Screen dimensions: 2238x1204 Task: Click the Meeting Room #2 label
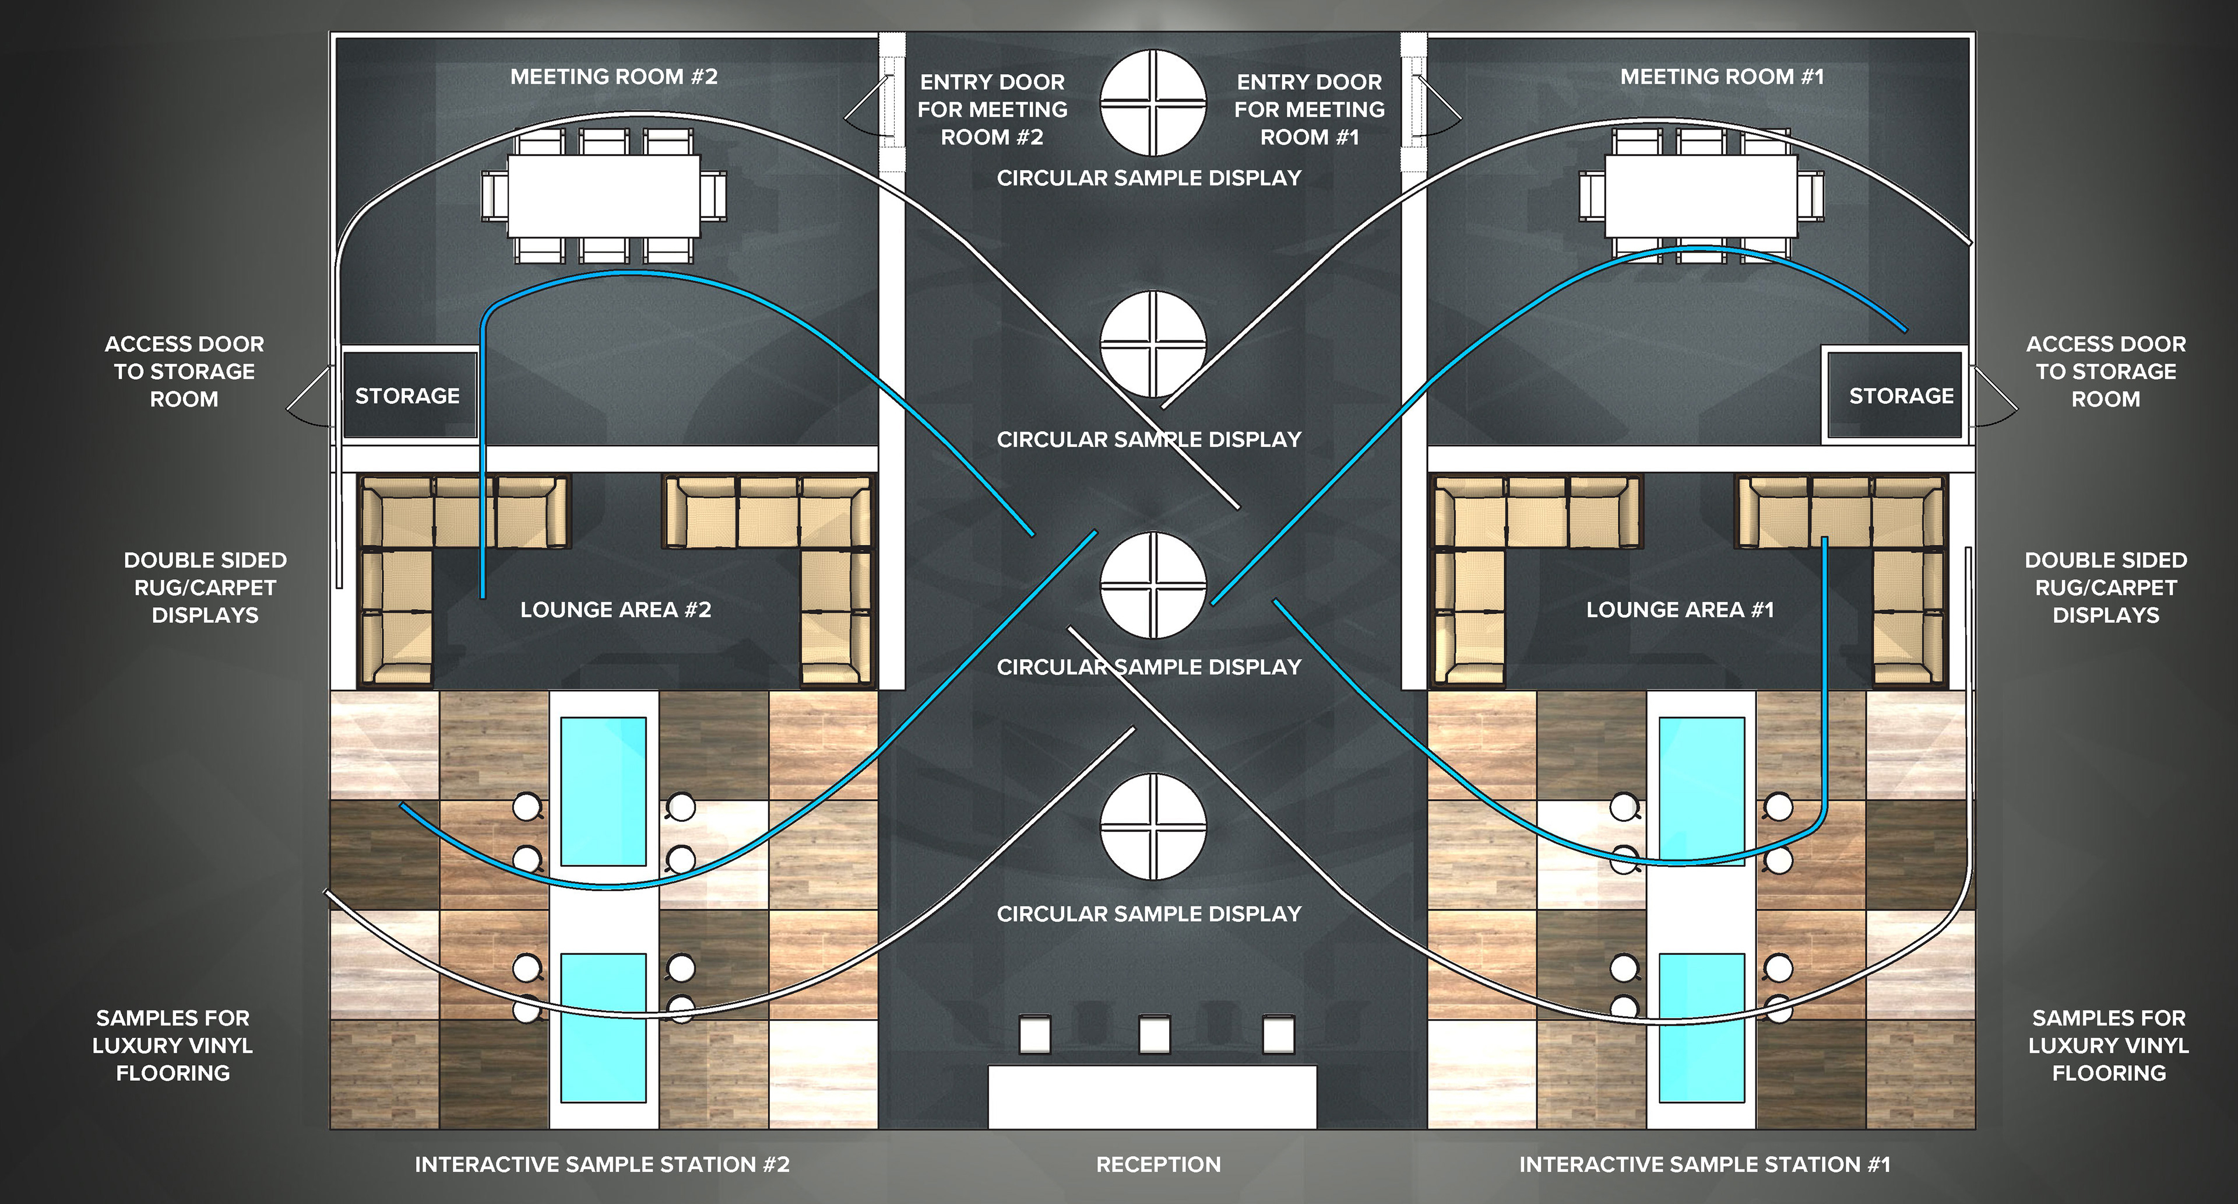[613, 76]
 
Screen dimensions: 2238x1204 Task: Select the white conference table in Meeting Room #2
[603, 195]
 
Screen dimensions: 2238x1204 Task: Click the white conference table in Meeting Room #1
[1700, 195]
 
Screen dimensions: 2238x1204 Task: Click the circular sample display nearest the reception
[1153, 827]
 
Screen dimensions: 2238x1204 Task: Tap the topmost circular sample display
[1153, 103]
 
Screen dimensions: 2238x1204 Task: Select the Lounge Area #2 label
[615, 610]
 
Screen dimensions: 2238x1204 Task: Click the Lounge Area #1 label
[1679, 610]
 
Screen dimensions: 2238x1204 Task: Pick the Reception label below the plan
[1158, 1164]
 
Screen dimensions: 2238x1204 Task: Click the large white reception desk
[1152, 1096]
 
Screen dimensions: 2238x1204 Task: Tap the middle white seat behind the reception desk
[1154, 1034]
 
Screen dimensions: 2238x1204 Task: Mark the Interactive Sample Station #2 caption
[602, 1164]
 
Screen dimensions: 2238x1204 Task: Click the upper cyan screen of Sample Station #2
[603, 791]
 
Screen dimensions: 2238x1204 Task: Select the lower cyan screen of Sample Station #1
[1701, 1027]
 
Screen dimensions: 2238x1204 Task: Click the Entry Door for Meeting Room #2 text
[992, 110]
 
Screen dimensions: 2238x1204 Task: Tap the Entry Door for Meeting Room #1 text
[1309, 110]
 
